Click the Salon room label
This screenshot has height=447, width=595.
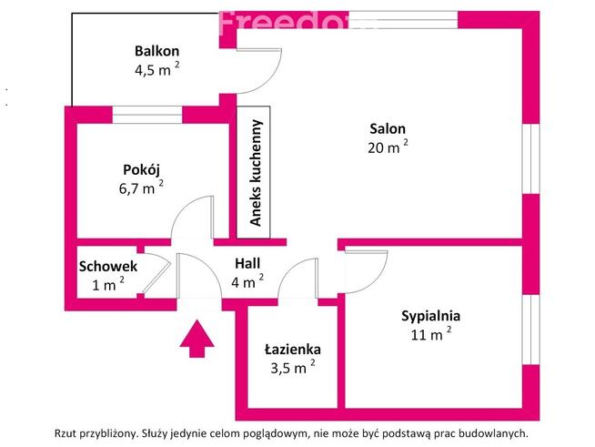(x=388, y=128)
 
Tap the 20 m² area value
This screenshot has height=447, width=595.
(x=386, y=147)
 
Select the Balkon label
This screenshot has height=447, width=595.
(x=156, y=51)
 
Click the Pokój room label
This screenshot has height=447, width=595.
(x=141, y=169)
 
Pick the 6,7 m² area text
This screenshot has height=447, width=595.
(x=139, y=188)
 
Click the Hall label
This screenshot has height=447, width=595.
(x=244, y=265)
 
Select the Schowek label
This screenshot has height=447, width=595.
(x=108, y=267)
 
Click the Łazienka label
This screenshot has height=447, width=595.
(x=292, y=349)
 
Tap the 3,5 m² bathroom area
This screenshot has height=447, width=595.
(x=290, y=368)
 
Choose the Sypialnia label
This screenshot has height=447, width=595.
(x=430, y=316)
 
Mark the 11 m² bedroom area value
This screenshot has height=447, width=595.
(x=429, y=335)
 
